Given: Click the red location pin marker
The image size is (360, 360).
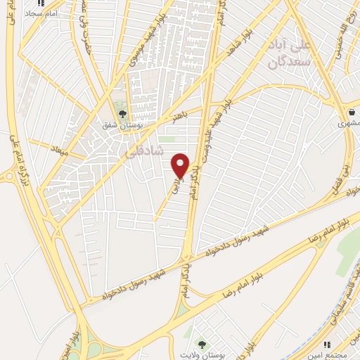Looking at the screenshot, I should (181, 165).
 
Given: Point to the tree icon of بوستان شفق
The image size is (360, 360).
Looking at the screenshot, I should (123, 112).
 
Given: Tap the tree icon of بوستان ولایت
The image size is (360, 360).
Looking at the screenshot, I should (202, 345).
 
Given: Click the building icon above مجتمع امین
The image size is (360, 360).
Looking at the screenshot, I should (327, 345).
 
